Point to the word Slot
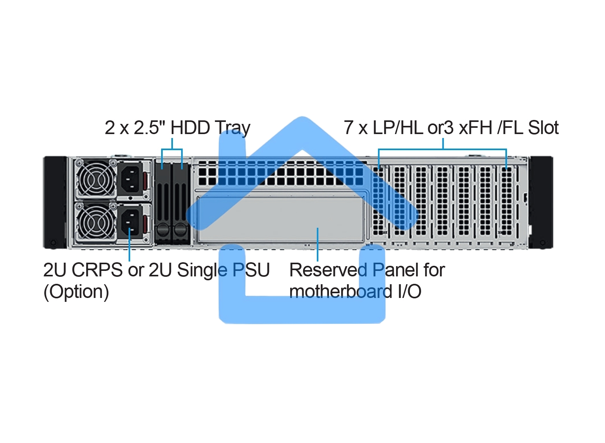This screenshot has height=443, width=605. [x=543, y=128]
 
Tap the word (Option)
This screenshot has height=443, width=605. [x=76, y=292]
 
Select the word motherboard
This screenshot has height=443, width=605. [x=340, y=292]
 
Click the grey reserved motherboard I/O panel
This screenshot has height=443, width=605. [x=280, y=220]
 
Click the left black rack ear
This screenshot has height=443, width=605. [x=55, y=202]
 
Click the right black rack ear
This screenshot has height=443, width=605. [x=541, y=202]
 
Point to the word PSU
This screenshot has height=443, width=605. [x=251, y=270]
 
